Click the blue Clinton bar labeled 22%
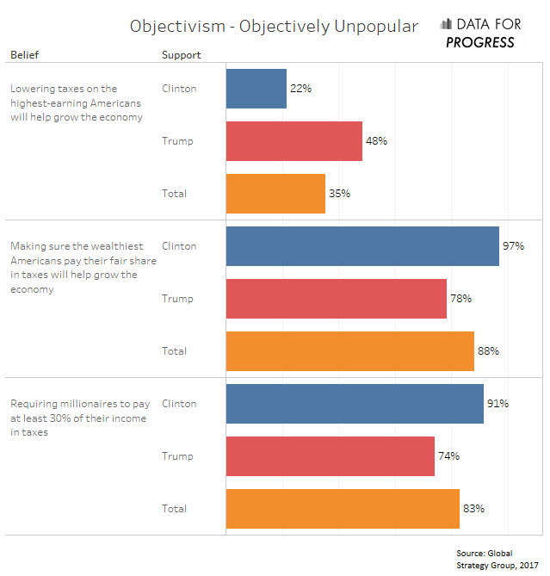click(x=256, y=89)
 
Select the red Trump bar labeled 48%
click(x=294, y=141)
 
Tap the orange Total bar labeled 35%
click(x=275, y=194)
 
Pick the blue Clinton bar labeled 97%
click(x=362, y=246)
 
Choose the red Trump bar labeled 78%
click(x=336, y=299)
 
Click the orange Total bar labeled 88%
click(x=349, y=351)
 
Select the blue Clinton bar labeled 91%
click(x=354, y=404)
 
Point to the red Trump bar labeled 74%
click(x=330, y=456)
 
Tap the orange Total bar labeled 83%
click(x=343, y=509)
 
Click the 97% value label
click(x=513, y=246)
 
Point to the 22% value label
click(x=300, y=89)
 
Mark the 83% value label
click(x=473, y=509)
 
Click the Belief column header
click(x=24, y=55)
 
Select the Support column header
click(x=181, y=55)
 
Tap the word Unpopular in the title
click(x=374, y=26)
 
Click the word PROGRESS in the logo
click(x=480, y=42)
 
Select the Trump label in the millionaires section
click(x=177, y=456)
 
